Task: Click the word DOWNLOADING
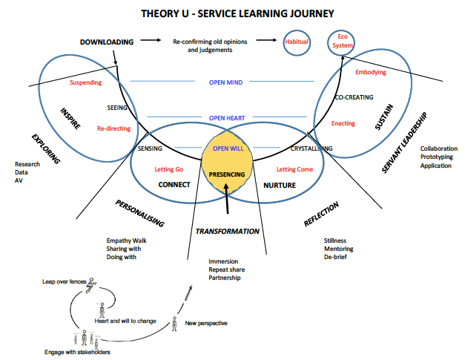pos(107,42)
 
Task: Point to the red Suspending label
pos(85,82)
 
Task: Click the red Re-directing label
pos(113,128)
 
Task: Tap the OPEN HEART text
pos(227,118)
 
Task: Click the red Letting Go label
pos(169,169)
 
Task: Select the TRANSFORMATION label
pos(227,231)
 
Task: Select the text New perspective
pos(206,324)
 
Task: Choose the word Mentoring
pos(340,249)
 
